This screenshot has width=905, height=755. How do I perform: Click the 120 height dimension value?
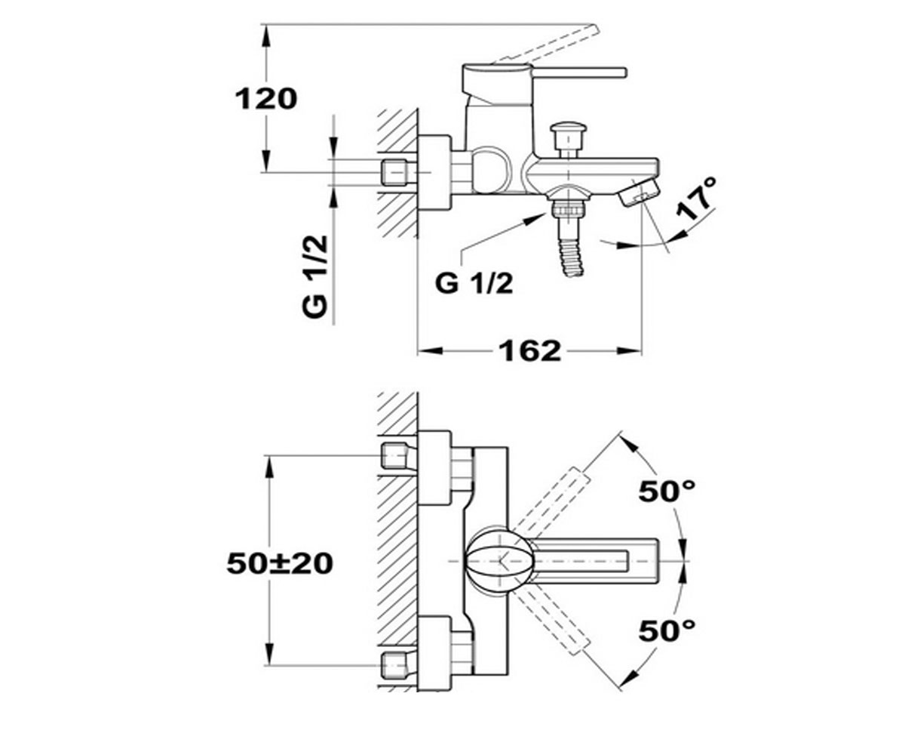tap(266, 100)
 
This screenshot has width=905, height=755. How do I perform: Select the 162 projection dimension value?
tap(530, 351)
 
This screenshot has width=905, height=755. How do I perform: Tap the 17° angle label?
tap(697, 197)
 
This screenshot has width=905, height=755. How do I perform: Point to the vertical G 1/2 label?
tap(314, 277)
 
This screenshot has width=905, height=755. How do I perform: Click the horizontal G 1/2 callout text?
tap(474, 284)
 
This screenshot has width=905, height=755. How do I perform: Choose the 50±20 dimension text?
tap(280, 564)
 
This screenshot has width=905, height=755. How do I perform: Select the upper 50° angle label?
tap(667, 492)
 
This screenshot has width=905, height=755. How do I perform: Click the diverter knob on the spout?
tap(568, 139)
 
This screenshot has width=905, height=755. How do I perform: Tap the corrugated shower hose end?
tap(571, 256)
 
